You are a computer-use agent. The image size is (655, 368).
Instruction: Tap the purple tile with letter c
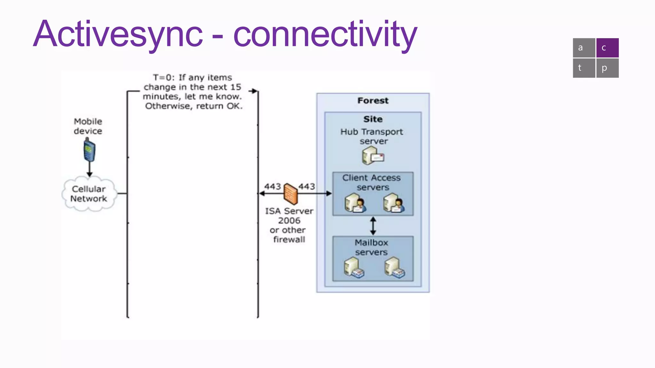coord(607,48)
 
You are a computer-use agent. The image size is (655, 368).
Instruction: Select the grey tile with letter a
coord(584,48)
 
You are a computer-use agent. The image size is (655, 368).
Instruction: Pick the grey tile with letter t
coord(584,68)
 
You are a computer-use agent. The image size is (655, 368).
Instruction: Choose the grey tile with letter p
coord(607,68)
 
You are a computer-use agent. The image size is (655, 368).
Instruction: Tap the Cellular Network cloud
coord(89,194)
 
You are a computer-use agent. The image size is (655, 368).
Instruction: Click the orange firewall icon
coord(290,194)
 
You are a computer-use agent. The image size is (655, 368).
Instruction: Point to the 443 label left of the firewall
coord(272,187)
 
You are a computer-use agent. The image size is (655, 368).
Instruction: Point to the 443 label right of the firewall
coord(306,187)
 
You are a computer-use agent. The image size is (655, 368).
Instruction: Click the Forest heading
coord(373,101)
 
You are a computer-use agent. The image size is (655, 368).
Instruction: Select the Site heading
coord(373,119)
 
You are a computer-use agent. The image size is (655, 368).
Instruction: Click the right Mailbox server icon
coord(394,268)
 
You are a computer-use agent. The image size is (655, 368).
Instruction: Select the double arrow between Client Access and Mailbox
coord(373,226)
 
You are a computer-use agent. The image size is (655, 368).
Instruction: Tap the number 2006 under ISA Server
coord(289,221)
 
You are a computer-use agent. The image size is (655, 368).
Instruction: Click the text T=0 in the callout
coord(163,78)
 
